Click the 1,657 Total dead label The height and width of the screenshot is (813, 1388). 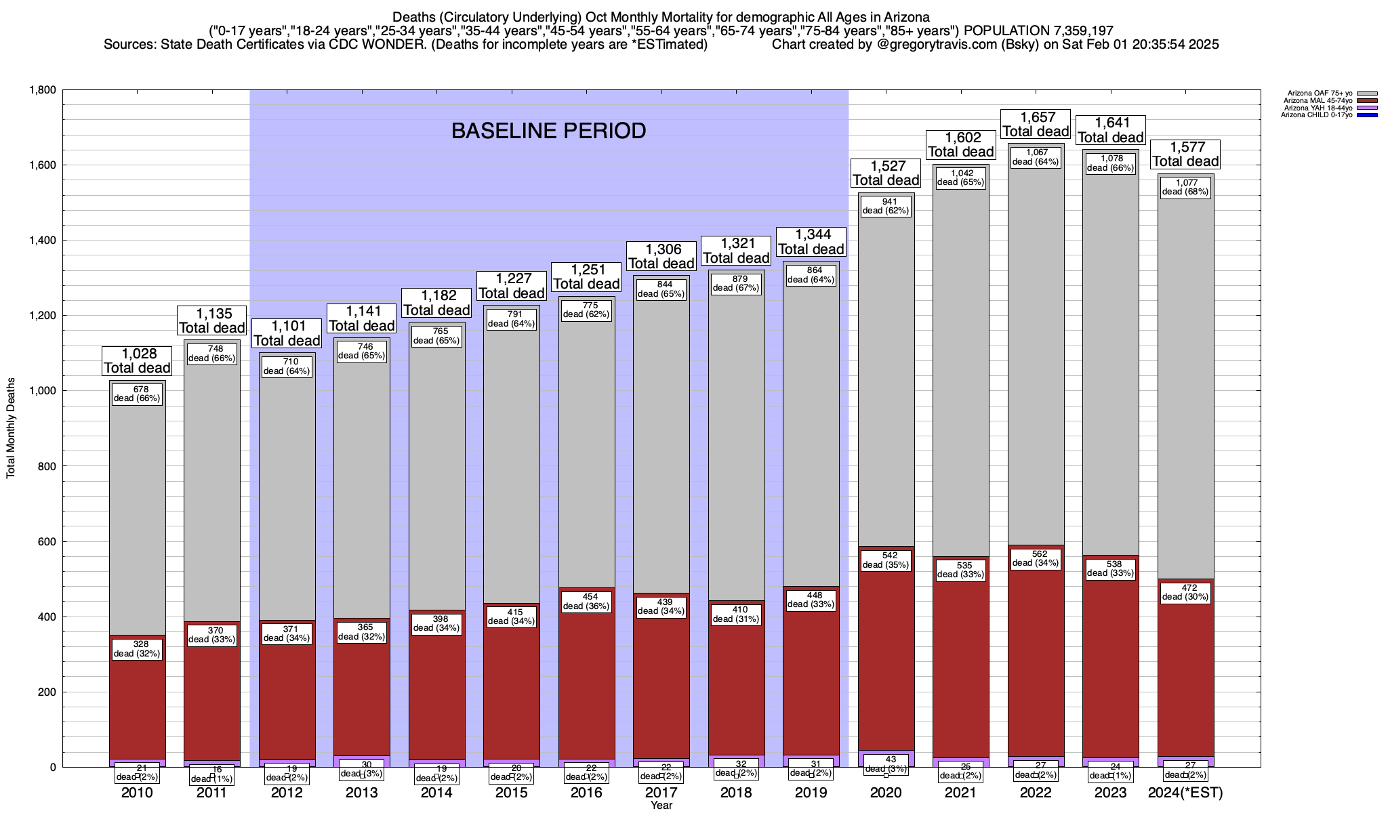coord(1036,124)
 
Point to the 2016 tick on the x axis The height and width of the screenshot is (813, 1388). coord(586,793)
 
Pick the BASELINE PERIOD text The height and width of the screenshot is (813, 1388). coord(548,131)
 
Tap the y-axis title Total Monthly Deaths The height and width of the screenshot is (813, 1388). coord(11,428)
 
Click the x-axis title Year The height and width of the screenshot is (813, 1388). coord(661,805)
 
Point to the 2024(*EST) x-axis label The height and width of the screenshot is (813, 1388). coord(1185,793)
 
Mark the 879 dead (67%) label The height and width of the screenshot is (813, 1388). coord(736,283)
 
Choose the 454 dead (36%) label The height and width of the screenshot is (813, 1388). coord(586,602)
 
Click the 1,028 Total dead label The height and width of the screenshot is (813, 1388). coord(137,361)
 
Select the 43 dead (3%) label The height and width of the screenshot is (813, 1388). coord(886,764)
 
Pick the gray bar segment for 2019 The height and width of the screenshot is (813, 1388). coord(811,440)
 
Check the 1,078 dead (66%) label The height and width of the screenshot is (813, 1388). coord(1110,163)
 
